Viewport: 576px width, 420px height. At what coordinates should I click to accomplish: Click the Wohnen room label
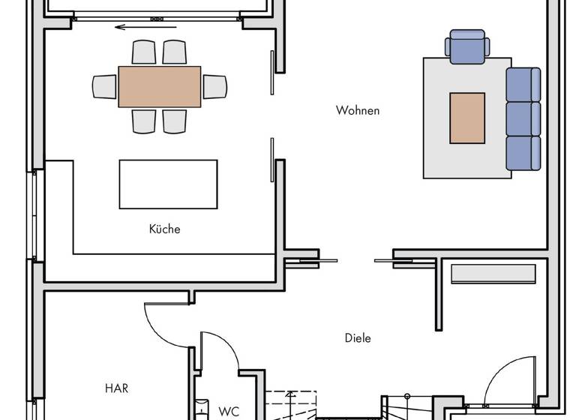[358, 111]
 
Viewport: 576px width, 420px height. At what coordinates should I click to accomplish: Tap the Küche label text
[164, 229]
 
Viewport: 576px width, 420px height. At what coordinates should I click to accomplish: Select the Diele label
[358, 338]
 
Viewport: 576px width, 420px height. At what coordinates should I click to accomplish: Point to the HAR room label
[116, 388]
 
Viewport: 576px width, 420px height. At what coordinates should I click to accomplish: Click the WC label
[229, 411]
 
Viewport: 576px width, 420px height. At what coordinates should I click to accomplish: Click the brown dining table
[160, 87]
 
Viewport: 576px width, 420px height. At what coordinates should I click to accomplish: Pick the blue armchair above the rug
[467, 46]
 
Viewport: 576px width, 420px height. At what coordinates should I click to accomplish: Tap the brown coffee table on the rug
[467, 118]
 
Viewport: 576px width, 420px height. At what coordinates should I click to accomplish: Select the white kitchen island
[168, 184]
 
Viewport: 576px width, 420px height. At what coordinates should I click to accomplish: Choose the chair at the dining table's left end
[105, 86]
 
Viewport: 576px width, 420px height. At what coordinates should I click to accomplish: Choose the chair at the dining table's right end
[214, 86]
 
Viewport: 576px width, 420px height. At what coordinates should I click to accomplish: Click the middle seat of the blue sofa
[523, 118]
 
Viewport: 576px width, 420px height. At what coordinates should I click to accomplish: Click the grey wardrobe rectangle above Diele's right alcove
[493, 274]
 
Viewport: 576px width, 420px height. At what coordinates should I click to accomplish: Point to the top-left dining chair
[144, 52]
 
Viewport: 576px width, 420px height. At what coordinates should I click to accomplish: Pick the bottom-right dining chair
[175, 121]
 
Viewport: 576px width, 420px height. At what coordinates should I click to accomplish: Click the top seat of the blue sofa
[523, 84]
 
